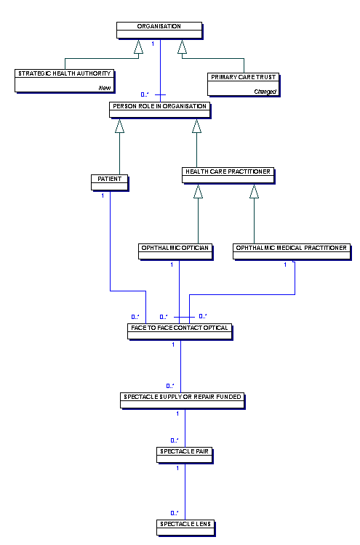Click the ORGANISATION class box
159,31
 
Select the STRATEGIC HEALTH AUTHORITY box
64,81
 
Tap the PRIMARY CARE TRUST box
243,84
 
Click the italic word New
105,88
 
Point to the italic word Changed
265,92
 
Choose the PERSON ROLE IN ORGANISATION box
160,110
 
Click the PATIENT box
110,182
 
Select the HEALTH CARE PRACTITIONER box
228,175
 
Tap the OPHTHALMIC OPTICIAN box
175,251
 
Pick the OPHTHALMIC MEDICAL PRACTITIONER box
292,251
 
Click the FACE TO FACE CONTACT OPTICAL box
180,331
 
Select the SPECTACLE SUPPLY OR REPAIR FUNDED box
183,400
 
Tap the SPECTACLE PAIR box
184,455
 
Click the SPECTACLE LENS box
185,528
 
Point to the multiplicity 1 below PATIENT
103,195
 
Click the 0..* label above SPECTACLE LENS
175,513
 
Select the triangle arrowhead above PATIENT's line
120,126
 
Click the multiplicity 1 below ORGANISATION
153,44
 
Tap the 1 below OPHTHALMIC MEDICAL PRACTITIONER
285,265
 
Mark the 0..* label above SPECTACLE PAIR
175,440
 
